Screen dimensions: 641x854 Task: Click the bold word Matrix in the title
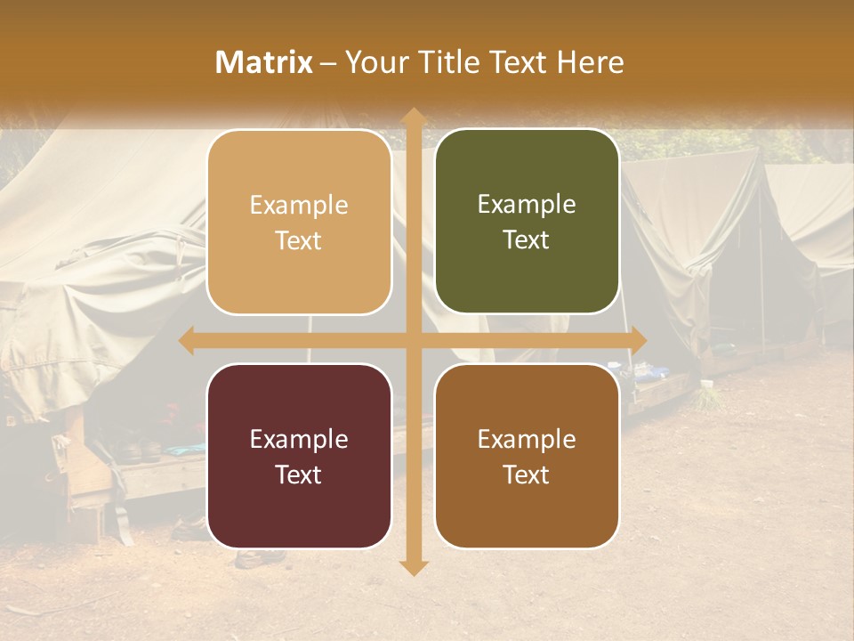point(264,62)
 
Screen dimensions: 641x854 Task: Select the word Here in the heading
point(590,62)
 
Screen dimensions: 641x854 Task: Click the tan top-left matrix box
point(299,223)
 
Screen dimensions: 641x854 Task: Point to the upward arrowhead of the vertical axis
point(412,116)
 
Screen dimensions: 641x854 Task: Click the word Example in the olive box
point(527,205)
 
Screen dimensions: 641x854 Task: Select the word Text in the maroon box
point(298,475)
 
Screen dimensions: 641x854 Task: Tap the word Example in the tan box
point(299,206)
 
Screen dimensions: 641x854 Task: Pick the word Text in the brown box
point(527,475)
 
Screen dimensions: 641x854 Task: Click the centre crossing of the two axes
point(412,340)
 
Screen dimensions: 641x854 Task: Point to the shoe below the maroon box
point(261,558)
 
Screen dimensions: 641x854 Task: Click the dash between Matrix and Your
point(328,63)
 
